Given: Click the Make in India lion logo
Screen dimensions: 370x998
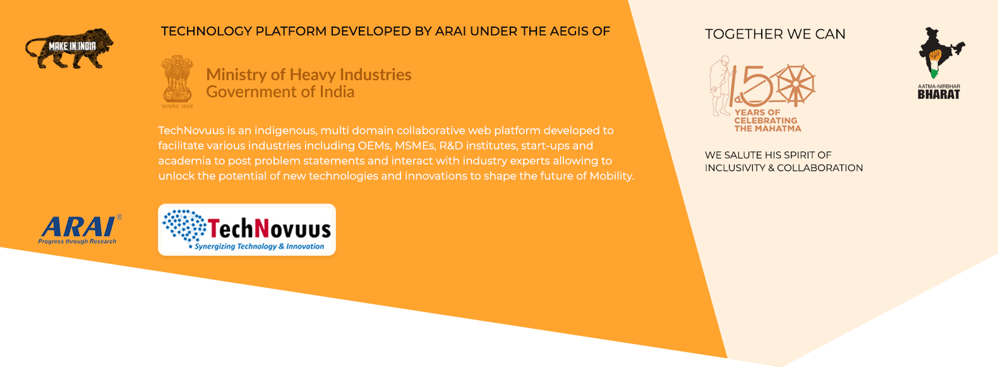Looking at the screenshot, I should coord(69,49).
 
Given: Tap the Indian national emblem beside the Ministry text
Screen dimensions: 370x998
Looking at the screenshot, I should coord(177,80).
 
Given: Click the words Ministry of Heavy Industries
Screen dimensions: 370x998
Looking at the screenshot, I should coord(308,75).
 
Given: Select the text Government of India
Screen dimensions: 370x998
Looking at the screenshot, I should coord(280,92).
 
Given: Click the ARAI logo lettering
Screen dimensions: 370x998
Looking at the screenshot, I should coord(79,227).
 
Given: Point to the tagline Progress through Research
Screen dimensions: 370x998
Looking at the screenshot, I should coord(77,241).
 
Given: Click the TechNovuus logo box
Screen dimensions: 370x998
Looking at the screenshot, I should coord(246,230).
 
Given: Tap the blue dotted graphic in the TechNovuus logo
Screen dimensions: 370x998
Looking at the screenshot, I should coord(184,225).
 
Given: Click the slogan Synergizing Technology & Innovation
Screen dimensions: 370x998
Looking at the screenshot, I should coord(259,246).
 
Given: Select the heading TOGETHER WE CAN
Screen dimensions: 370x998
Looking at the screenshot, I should coord(775,34).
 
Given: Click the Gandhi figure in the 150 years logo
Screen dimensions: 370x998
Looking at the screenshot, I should coord(721,85).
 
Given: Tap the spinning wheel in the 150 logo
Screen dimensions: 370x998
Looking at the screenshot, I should coord(796,85).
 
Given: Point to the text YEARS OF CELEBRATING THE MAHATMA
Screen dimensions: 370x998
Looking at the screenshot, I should coord(767,121).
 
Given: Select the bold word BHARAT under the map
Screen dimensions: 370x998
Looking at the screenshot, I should coord(939,95).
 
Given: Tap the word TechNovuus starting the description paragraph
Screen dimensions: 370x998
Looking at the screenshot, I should coord(191,131).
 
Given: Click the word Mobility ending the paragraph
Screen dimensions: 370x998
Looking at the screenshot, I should coord(611,176).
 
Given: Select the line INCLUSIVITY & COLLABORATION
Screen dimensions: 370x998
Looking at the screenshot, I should coord(783,168).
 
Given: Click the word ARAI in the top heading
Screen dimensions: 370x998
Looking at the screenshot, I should coord(450,31).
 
